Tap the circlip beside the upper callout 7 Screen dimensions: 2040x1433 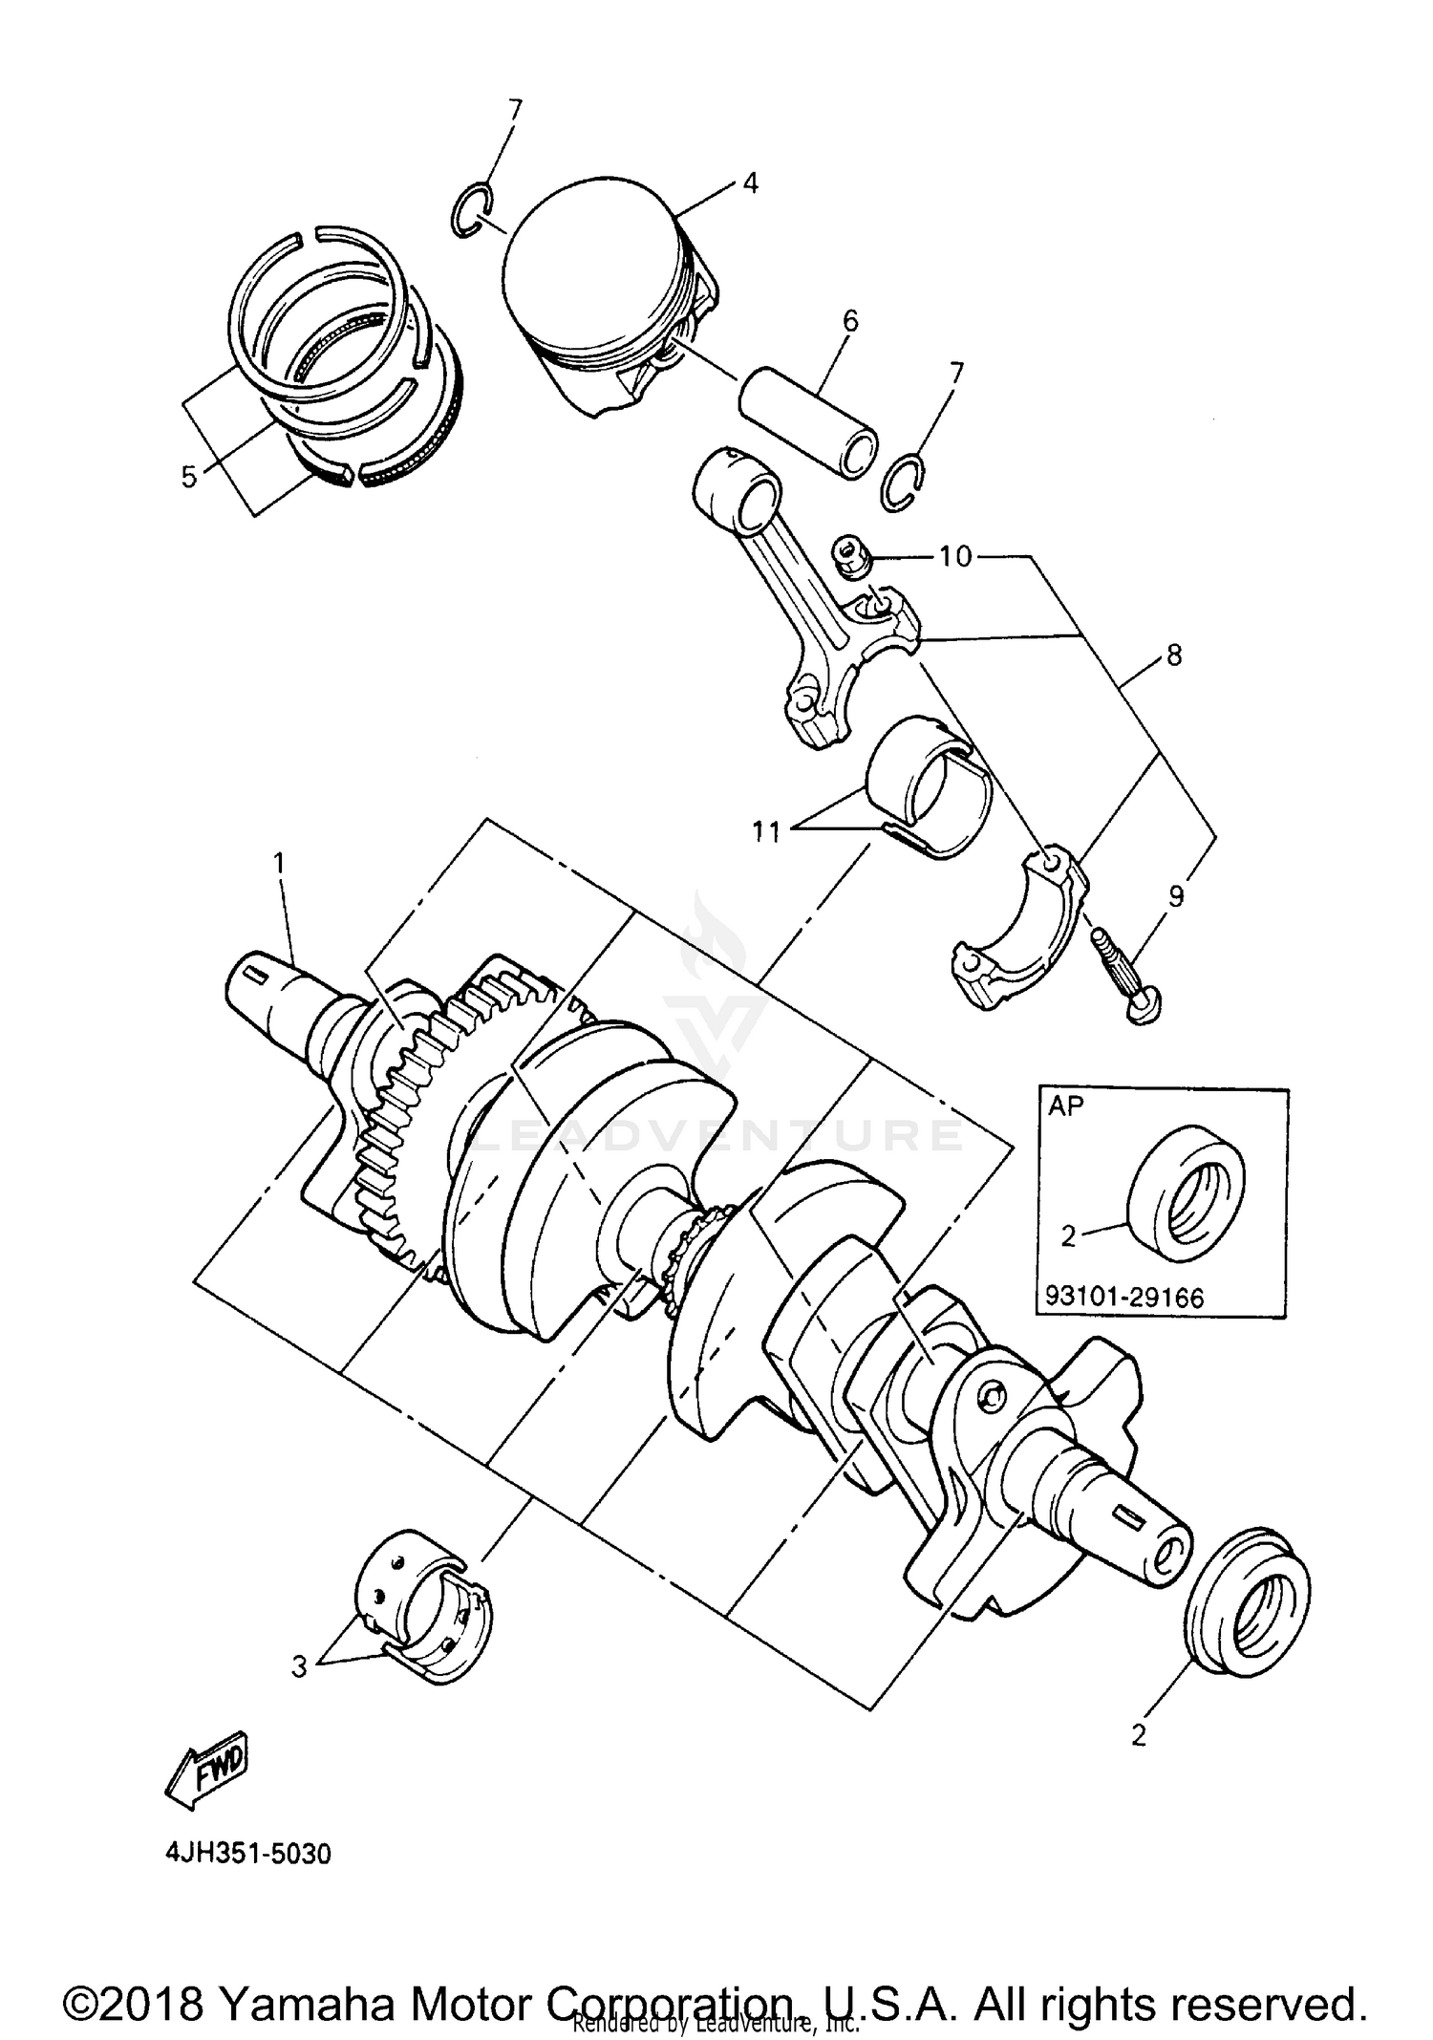tap(471, 210)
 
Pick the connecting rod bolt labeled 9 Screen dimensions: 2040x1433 tap(1123, 976)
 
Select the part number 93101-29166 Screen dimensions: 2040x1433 tap(1124, 1297)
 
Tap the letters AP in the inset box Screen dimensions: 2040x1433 tap(1066, 1106)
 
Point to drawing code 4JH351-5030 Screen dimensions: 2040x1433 tap(248, 1855)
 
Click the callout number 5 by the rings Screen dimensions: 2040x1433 tap(189, 476)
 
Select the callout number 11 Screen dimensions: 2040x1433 tap(764, 832)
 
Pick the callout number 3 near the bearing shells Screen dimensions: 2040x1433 tap(300, 1667)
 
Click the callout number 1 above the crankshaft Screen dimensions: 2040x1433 tap(279, 863)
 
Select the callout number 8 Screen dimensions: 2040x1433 tap(1174, 655)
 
